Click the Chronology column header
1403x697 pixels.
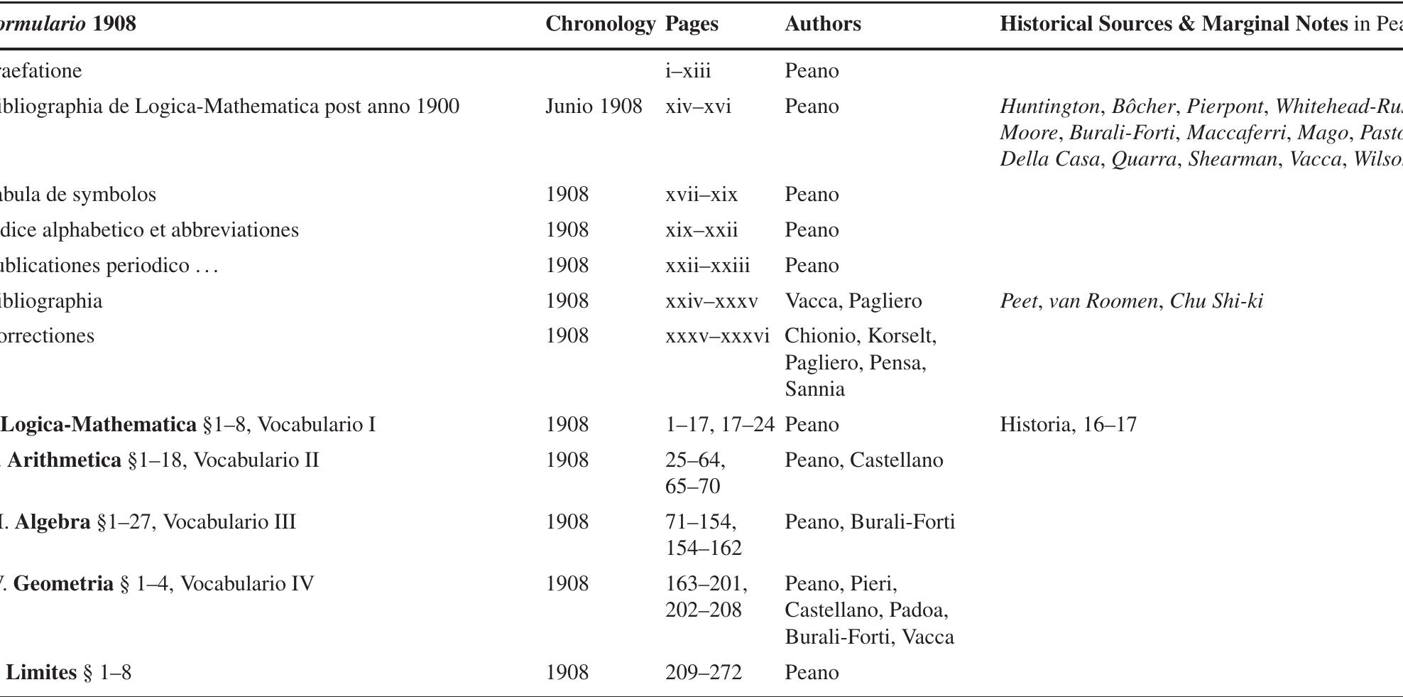point(600,24)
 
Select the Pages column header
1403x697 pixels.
point(692,24)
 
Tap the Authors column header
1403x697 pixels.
point(823,24)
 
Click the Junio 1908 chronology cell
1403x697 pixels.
point(594,107)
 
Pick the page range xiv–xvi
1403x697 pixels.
point(698,107)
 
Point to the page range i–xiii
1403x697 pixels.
point(687,71)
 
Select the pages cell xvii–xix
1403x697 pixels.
point(701,195)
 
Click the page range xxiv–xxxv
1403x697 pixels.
point(711,301)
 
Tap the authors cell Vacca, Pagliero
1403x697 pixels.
point(853,301)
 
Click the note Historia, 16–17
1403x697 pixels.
point(1068,425)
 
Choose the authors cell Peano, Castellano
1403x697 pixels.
point(863,460)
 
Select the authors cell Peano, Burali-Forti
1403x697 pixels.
point(870,522)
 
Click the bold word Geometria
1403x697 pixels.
point(63,584)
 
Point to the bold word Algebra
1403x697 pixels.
point(53,522)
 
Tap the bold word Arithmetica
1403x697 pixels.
point(65,460)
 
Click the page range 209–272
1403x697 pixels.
point(703,673)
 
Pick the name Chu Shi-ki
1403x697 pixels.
point(1216,301)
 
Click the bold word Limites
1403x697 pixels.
point(41,673)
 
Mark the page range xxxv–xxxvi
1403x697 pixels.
point(717,336)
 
